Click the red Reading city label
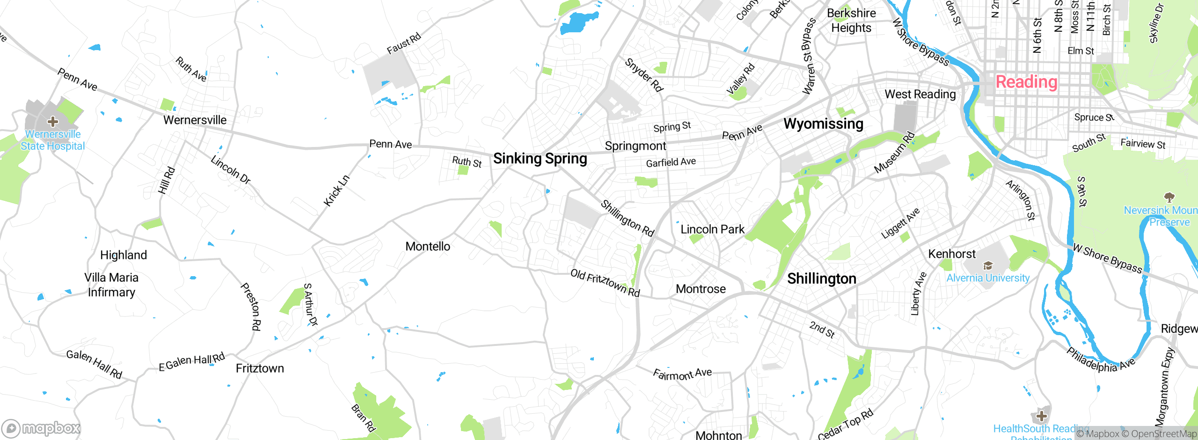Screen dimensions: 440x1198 pyautogui.click(x=1026, y=82)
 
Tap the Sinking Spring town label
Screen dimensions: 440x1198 pyautogui.click(x=540, y=159)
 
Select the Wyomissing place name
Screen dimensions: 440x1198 pyautogui.click(x=823, y=124)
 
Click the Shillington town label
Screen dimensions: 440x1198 pyautogui.click(x=821, y=279)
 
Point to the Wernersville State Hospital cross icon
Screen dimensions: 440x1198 pyautogui.click(x=52, y=122)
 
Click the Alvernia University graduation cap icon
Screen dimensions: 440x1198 pyautogui.click(x=988, y=266)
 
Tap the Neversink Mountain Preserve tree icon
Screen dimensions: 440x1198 pyautogui.click(x=1169, y=197)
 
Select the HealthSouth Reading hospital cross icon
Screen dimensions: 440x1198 pyautogui.click(x=1041, y=416)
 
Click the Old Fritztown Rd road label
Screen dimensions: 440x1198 pyautogui.click(x=605, y=282)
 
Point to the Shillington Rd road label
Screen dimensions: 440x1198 pyautogui.click(x=627, y=218)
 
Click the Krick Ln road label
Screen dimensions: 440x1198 pyautogui.click(x=336, y=191)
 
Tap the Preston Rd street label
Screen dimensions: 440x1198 pyautogui.click(x=251, y=307)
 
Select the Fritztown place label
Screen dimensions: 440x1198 pyautogui.click(x=260, y=368)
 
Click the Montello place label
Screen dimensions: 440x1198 pyautogui.click(x=428, y=246)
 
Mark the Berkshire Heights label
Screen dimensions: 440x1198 pyautogui.click(x=851, y=21)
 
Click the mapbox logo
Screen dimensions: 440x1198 pyautogui.click(x=41, y=428)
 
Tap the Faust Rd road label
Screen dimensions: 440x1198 pyautogui.click(x=403, y=44)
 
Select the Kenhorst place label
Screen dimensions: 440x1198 pyautogui.click(x=952, y=254)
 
